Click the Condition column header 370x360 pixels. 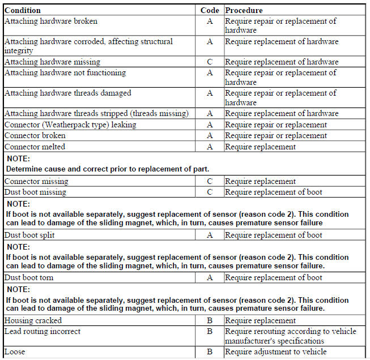[x=23, y=10]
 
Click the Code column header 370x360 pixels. [x=210, y=10]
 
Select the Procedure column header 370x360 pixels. [x=244, y=10]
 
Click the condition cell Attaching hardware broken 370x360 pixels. [x=51, y=21]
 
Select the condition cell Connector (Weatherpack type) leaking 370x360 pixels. [x=70, y=125]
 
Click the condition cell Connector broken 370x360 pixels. [x=35, y=136]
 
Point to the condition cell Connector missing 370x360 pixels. [x=36, y=181]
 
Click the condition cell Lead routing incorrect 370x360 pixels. [x=42, y=331]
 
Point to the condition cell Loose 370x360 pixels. [x=15, y=352]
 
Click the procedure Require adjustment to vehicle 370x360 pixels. [x=276, y=352]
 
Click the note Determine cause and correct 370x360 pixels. [x=108, y=169]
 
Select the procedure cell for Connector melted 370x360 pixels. [x=261, y=147]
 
